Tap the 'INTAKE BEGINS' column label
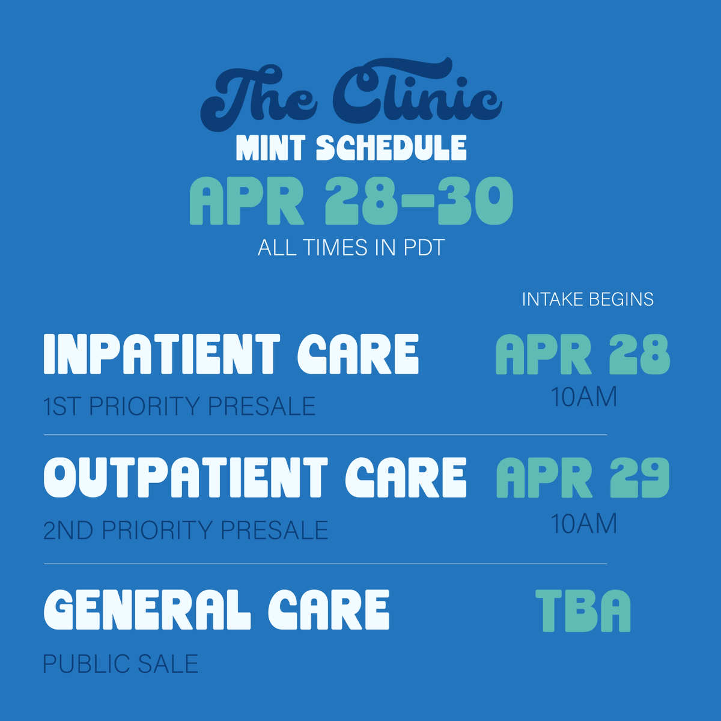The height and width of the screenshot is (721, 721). pos(587,299)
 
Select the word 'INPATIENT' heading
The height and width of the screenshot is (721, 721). pos(162,354)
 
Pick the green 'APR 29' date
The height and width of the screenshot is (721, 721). pos(582,478)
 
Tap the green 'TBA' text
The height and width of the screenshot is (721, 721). pos(583,610)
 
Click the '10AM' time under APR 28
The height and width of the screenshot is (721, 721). pos(584,397)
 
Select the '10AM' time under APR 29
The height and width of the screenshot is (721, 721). pos(584,524)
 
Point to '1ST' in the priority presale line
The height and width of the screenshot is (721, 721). pos(62,407)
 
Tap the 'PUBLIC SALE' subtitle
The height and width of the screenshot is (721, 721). pos(120,664)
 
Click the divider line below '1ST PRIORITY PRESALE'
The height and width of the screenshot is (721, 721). pos(325,434)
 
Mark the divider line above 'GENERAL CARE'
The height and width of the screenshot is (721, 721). pos(325,564)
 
